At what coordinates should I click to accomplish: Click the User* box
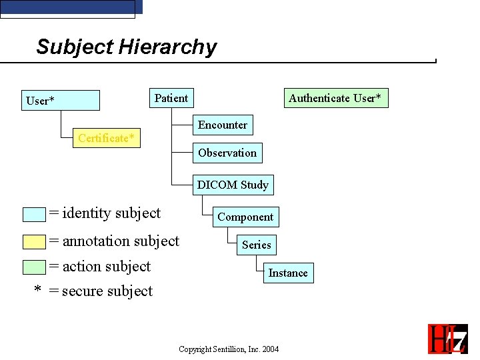[61, 101]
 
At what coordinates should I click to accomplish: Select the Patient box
[171, 98]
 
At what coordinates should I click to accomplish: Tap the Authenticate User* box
[335, 98]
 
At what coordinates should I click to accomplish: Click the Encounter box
[223, 125]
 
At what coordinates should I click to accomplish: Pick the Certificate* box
[107, 138]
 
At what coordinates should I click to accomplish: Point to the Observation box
[227, 153]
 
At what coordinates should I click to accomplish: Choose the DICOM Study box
[233, 185]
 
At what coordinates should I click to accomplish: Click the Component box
[245, 217]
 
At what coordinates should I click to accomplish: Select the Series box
[257, 245]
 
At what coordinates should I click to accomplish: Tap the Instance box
[288, 273]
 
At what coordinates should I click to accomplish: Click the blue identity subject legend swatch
[34, 214]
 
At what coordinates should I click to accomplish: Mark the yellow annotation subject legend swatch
[34, 241]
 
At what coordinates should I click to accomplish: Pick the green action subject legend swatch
[34, 267]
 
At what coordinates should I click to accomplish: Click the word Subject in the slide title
[75, 47]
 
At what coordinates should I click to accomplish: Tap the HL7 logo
[447, 338]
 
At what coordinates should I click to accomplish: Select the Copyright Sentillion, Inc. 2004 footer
[229, 349]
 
